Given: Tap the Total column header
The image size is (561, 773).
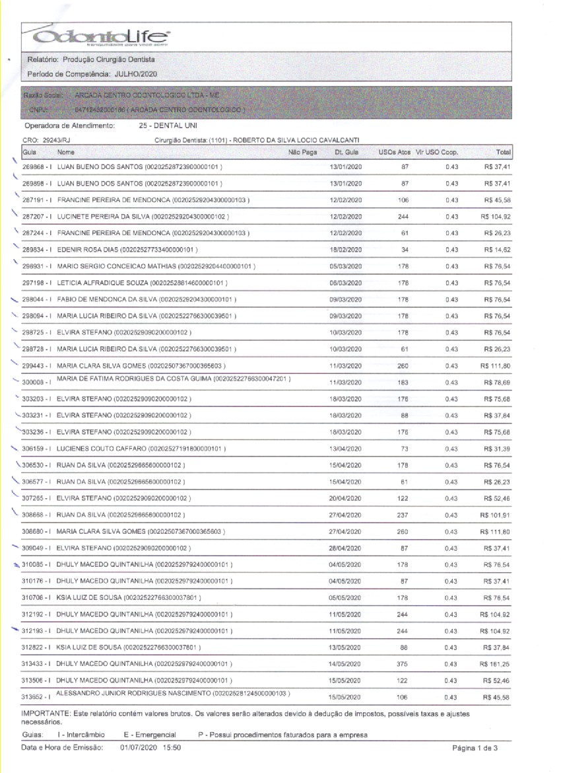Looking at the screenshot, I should click(504, 153).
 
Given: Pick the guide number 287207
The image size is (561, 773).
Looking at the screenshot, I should click(34, 217).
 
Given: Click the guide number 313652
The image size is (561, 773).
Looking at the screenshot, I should click(34, 698).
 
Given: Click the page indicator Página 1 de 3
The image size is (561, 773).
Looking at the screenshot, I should click(474, 748).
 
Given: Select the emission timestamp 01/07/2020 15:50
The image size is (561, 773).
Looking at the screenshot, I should click(150, 747).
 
